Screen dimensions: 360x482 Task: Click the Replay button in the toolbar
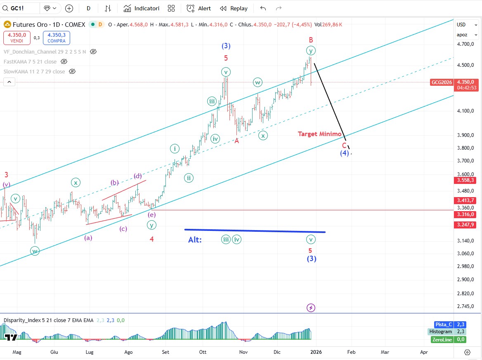click(x=234, y=8)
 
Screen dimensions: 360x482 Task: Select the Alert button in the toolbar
click(x=199, y=8)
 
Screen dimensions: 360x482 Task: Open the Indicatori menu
click(x=142, y=8)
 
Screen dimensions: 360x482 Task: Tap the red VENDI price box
click(x=16, y=38)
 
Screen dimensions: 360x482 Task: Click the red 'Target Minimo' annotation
click(x=320, y=134)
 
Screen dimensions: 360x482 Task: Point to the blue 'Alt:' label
click(x=195, y=240)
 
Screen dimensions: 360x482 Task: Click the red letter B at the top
click(x=311, y=40)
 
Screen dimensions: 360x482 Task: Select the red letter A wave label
click(x=237, y=141)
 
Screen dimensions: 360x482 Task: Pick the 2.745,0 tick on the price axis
click(x=466, y=306)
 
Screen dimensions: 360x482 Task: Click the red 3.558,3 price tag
click(x=466, y=180)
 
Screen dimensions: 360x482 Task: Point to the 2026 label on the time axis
click(x=316, y=352)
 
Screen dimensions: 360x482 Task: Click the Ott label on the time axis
click(x=203, y=352)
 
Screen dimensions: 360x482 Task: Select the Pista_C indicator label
click(x=444, y=325)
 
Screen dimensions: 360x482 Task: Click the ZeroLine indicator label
click(x=442, y=339)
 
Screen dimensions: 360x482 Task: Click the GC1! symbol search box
click(x=21, y=8)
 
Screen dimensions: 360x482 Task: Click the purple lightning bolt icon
click(x=311, y=308)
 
